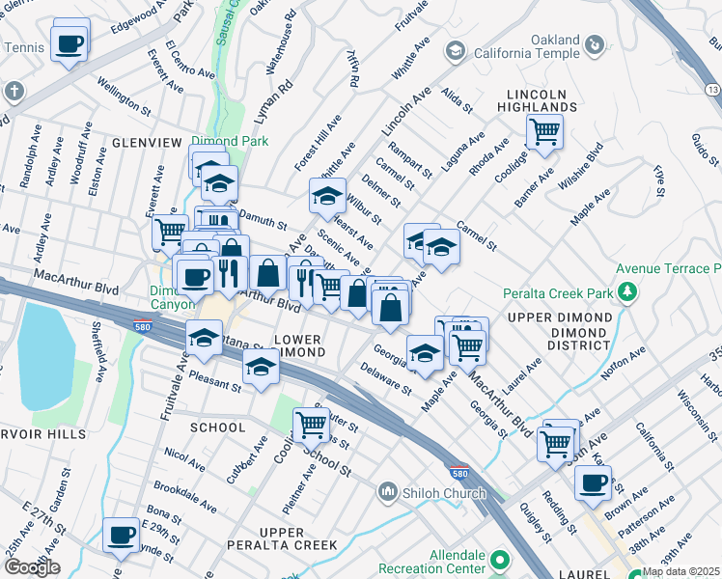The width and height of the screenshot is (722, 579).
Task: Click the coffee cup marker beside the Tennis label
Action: tap(70, 43)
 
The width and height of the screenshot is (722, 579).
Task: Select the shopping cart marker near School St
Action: tap(311, 422)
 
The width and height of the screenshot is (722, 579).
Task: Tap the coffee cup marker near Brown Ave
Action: tap(593, 482)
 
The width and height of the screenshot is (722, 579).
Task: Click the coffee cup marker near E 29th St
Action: tap(122, 534)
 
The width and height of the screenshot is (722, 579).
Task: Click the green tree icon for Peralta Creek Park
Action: tap(629, 291)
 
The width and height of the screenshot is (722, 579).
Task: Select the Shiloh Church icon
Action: tap(388, 492)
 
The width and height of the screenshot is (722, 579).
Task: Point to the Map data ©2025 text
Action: tap(680, 571)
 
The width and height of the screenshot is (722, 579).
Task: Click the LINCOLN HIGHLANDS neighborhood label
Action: tap(543, 99)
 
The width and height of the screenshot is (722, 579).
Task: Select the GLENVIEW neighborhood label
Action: tap(147, 142)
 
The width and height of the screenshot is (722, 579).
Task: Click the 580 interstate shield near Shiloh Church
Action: tap(460, 475)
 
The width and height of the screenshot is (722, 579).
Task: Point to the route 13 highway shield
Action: tap(711, 89)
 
